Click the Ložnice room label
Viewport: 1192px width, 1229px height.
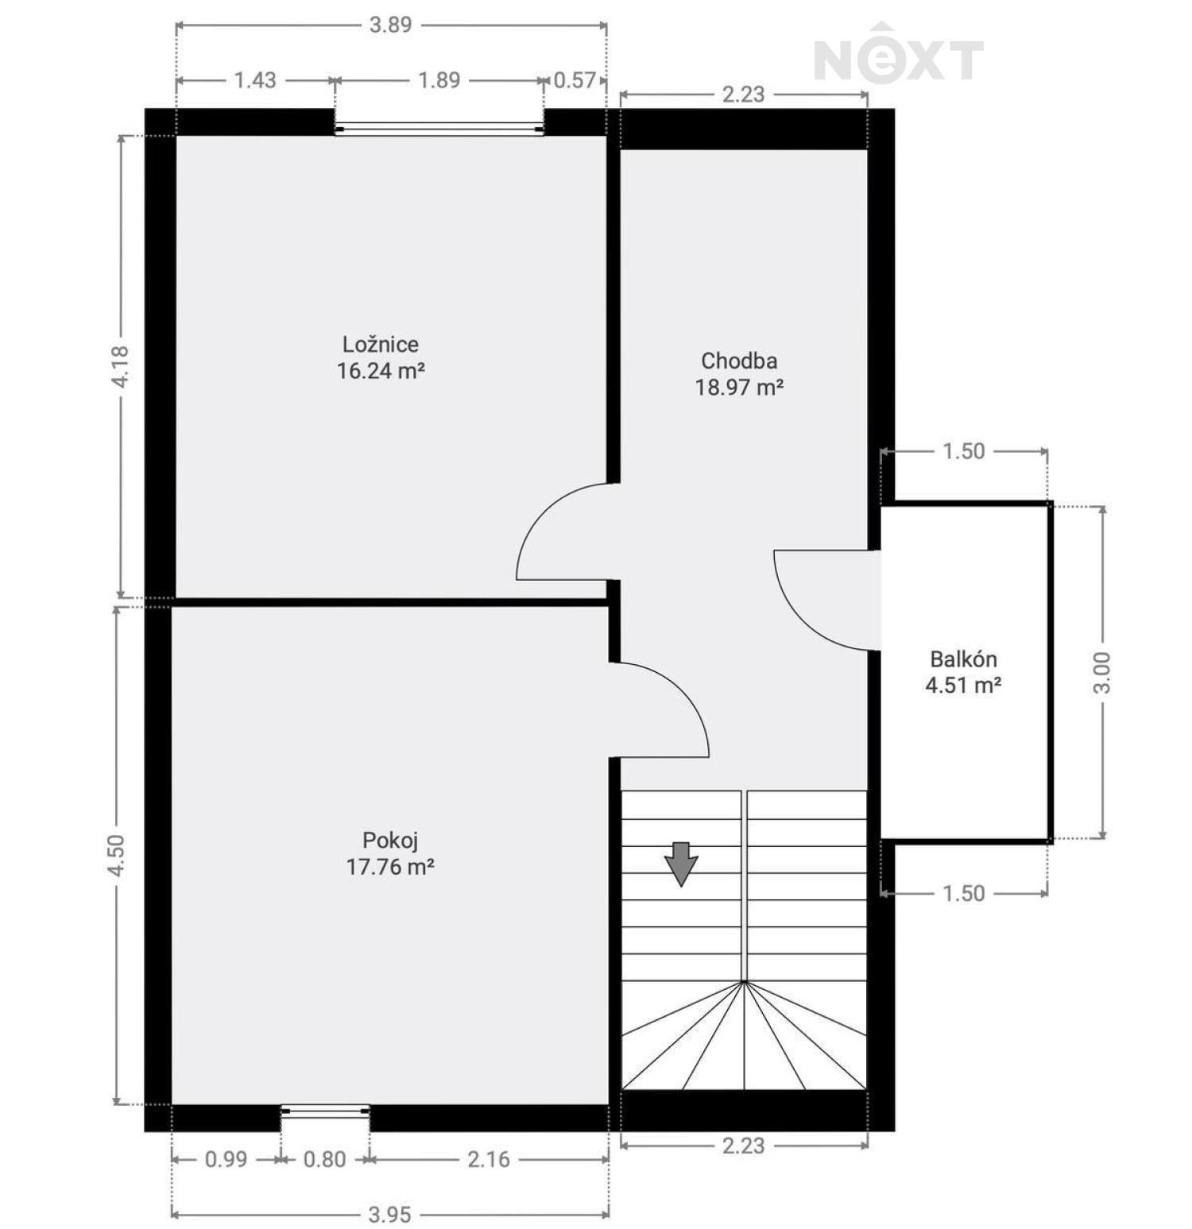[x=381, y=344]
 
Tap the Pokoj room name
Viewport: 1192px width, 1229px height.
[x=390, y=840]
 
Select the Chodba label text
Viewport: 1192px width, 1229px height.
[x=739, y=361]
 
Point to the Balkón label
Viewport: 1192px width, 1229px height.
[x=963, y=659]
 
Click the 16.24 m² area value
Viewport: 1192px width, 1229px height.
[x=381, y=370]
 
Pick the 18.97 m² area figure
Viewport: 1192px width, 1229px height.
[x=740, y=387]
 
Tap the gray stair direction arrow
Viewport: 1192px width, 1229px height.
[x=681, y=863]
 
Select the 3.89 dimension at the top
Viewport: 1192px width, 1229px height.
[x=391, y=25]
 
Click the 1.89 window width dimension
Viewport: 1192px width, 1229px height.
[x=439, y=79]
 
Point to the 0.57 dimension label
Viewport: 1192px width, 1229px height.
[x=575, y=79]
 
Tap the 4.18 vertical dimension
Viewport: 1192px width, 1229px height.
[x=120, y=366]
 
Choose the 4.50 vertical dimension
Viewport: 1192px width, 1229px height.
[x=117, y=856]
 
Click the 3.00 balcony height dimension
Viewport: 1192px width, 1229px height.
[x=1102, y=672]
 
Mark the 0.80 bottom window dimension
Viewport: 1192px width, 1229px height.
[x=325, y=1159]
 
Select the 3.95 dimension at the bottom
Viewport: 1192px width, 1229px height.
[x=390, y=1214]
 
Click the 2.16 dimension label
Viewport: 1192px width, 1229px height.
[x=489, y=1159]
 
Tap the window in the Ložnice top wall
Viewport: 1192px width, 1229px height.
[x=439, y=129]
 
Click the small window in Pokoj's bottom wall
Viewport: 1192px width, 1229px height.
[x=325, y=1111]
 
